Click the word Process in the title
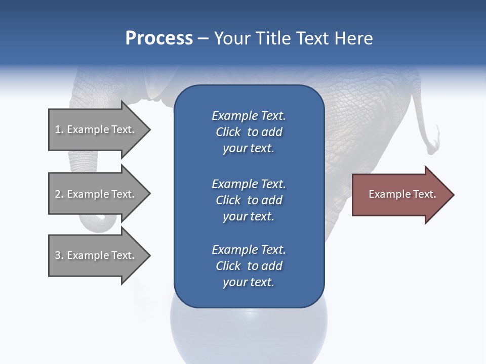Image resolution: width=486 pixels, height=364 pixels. pyautogui.click(x=159, y=38)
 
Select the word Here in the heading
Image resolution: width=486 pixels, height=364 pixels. pyautogui.click(x=353, y=38)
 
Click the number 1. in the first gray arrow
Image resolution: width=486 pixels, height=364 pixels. pyautogui.click(x=59, y=129)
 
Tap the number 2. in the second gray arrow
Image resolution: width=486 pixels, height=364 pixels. pyautogui.click(x=59, y=194)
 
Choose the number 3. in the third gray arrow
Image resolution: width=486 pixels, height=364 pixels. pyautogui.click(x=59, y=255)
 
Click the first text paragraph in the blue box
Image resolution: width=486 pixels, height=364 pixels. pyautogui.click(x=249, y=132)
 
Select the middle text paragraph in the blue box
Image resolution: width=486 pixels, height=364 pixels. pyautogui.click(x=249, y=200)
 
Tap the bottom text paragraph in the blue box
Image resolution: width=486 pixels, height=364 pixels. pyautogui.click(x=249, y=266)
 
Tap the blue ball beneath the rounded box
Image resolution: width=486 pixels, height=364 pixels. pyautogui.click(x=249, y=334)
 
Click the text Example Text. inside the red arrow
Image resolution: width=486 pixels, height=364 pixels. pyautogui.click(x=402, y=194)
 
